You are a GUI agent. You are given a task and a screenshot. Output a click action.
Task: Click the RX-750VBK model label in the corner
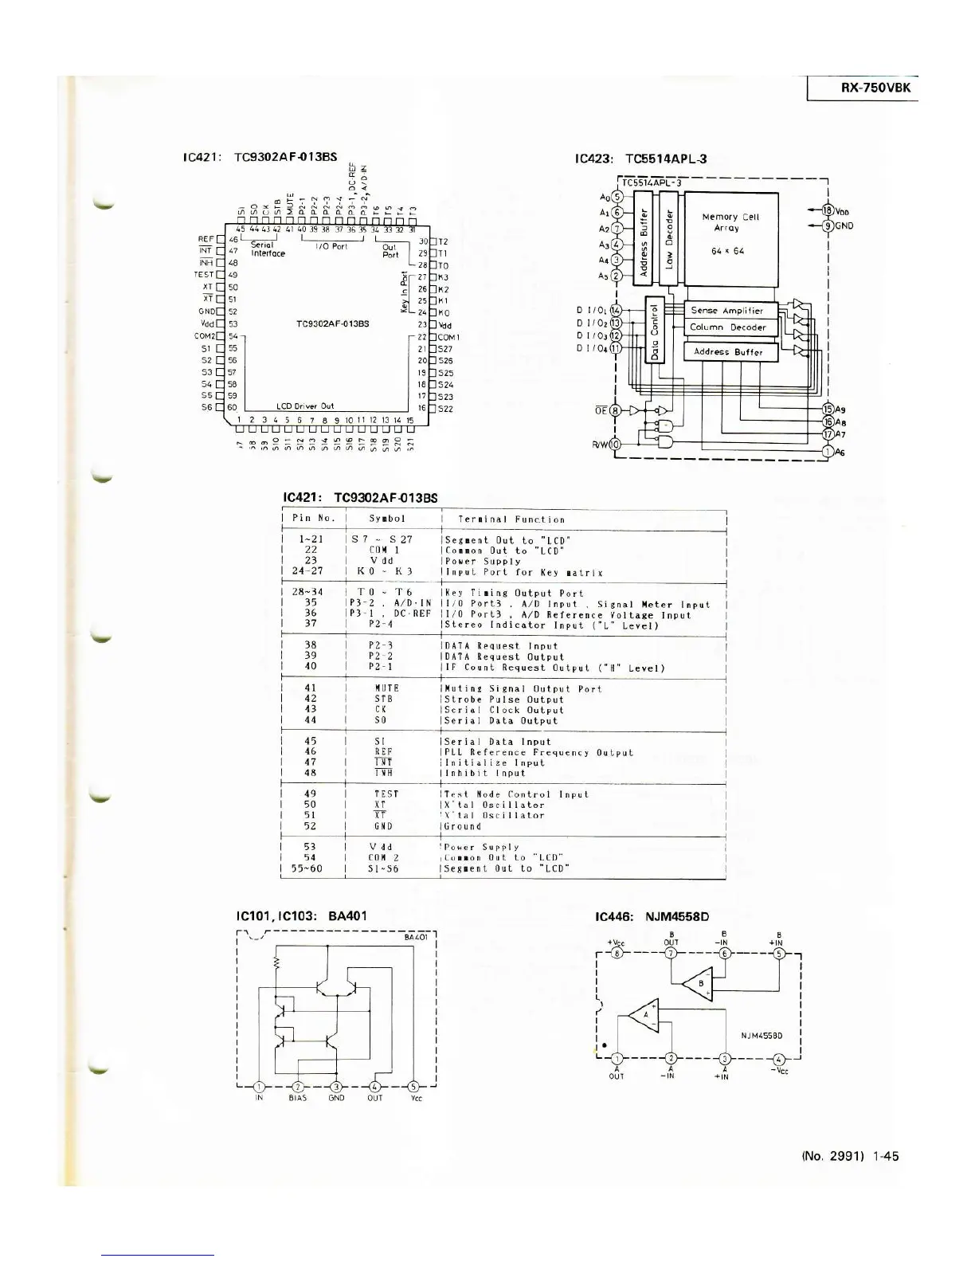point(875,88)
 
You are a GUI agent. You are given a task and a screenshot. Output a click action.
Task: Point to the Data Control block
point(655,330)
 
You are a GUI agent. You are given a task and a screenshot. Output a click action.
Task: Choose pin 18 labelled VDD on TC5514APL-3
point(828,210)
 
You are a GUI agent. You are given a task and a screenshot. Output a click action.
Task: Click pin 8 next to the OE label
point(616,410)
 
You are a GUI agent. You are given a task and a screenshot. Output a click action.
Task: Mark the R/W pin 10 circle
point(616,445)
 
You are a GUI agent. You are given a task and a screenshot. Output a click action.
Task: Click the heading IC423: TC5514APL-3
point(640,159)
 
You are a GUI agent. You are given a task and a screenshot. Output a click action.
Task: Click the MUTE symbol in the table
point(386,688)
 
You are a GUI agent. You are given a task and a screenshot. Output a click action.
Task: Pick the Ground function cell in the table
point(463,826)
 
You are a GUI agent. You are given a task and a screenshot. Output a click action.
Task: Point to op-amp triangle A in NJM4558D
point(645,1014)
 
